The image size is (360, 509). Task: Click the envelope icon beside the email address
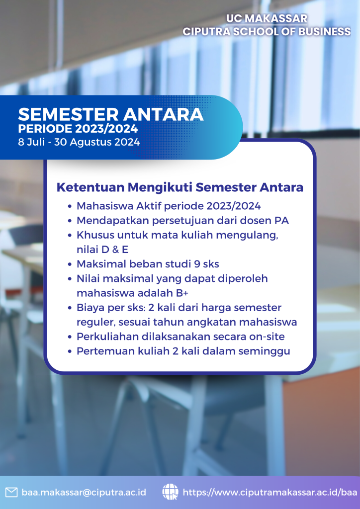pos(11,492)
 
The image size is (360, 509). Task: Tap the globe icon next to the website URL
pos(170,492)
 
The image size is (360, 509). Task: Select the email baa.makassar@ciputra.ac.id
pos(84,492)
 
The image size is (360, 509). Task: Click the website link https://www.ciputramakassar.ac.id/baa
pos(270,492)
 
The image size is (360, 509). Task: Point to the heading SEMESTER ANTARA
pos(111,114)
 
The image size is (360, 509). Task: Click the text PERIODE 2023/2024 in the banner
pos(78,129)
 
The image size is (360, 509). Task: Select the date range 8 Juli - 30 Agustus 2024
pos(79,142)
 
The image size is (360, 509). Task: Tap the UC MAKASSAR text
pos(267,18)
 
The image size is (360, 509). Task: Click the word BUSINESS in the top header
pos(325,31)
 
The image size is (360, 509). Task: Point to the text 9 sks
pos(206,264)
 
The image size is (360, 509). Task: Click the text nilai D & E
pos(102,250)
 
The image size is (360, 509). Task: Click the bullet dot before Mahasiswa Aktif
pos(70,206)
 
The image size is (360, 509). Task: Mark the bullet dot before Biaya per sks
pos(70,308)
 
